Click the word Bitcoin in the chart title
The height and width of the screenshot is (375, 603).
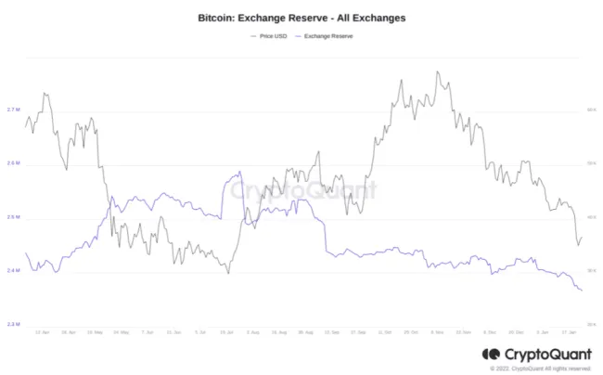pos(218,18)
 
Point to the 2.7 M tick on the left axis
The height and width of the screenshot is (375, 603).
pos(13,110)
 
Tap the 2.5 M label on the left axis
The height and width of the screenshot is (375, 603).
pos(13,218)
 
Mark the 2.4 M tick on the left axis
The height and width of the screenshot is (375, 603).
pos(13,271)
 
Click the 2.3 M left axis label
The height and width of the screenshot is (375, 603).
pos(13,324)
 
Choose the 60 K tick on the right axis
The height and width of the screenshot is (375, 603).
pos(591,110)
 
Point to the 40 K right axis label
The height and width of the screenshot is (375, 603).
pos(591,217)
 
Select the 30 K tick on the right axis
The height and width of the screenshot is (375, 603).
pos(591,271)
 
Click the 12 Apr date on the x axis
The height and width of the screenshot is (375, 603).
pos(42,331)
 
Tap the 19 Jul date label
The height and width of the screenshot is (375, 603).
pos(227,331)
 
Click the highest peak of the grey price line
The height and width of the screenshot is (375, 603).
pos(435,71)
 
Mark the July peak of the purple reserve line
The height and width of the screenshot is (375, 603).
pos(240,172)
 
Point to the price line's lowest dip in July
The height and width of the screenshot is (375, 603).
pos(228,273)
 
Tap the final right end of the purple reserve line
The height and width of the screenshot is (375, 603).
pos(582,291)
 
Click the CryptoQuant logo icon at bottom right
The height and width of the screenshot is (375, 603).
pos(492,354)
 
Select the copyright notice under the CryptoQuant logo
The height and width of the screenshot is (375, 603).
pos(537,369)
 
